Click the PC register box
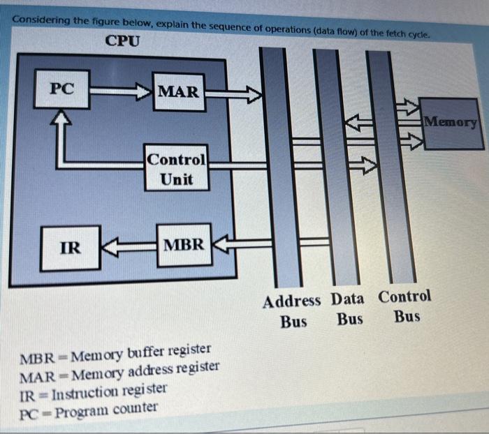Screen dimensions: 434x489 pos(62,89)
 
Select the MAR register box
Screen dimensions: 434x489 pos(179,91)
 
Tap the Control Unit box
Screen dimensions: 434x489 pos(177,169)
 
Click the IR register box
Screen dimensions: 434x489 pos(70,247)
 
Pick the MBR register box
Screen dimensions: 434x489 pos(184,245)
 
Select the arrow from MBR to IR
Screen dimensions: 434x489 pos(129,246)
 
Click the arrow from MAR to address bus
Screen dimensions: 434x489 pos(233,92)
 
